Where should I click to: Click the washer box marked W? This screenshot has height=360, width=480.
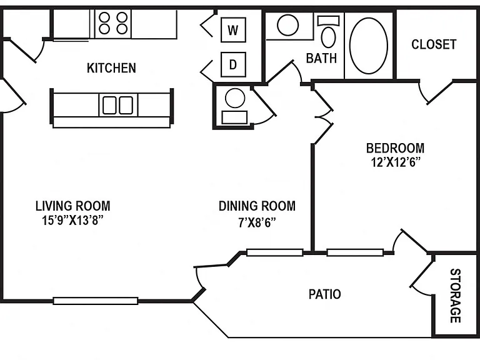point(233,30)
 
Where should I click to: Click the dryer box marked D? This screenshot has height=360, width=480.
point(233,64)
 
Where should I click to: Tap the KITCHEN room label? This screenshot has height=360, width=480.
point(111,68)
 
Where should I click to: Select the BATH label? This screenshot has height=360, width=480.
point(321,58)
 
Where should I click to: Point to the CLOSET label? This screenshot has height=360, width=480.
point(434,44)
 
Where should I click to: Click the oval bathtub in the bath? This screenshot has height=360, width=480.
point(369,46)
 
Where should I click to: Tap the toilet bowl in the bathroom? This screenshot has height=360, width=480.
point(329,37)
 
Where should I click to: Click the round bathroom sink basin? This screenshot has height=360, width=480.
point(287,25)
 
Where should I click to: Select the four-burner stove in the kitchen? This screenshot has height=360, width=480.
point(113,24)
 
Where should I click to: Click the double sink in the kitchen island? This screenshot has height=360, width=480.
point(118,105)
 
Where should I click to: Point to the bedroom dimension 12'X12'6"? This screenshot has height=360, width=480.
point(395,162)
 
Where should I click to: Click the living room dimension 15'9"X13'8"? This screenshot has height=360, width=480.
point(72,220)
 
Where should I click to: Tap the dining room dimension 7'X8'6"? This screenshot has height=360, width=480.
point(257,222)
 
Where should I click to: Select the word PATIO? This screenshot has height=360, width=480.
point(325,294)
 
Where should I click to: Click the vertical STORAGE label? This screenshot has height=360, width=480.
point(456,296)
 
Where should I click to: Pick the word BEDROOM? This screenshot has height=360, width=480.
point(395,148)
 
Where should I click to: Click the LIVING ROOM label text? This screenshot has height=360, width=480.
point(73,206)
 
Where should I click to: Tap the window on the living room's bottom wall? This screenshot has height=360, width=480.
point(96,301)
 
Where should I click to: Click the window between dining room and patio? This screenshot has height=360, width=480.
point(275,252)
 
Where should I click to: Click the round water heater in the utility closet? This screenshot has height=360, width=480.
point(235,98)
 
